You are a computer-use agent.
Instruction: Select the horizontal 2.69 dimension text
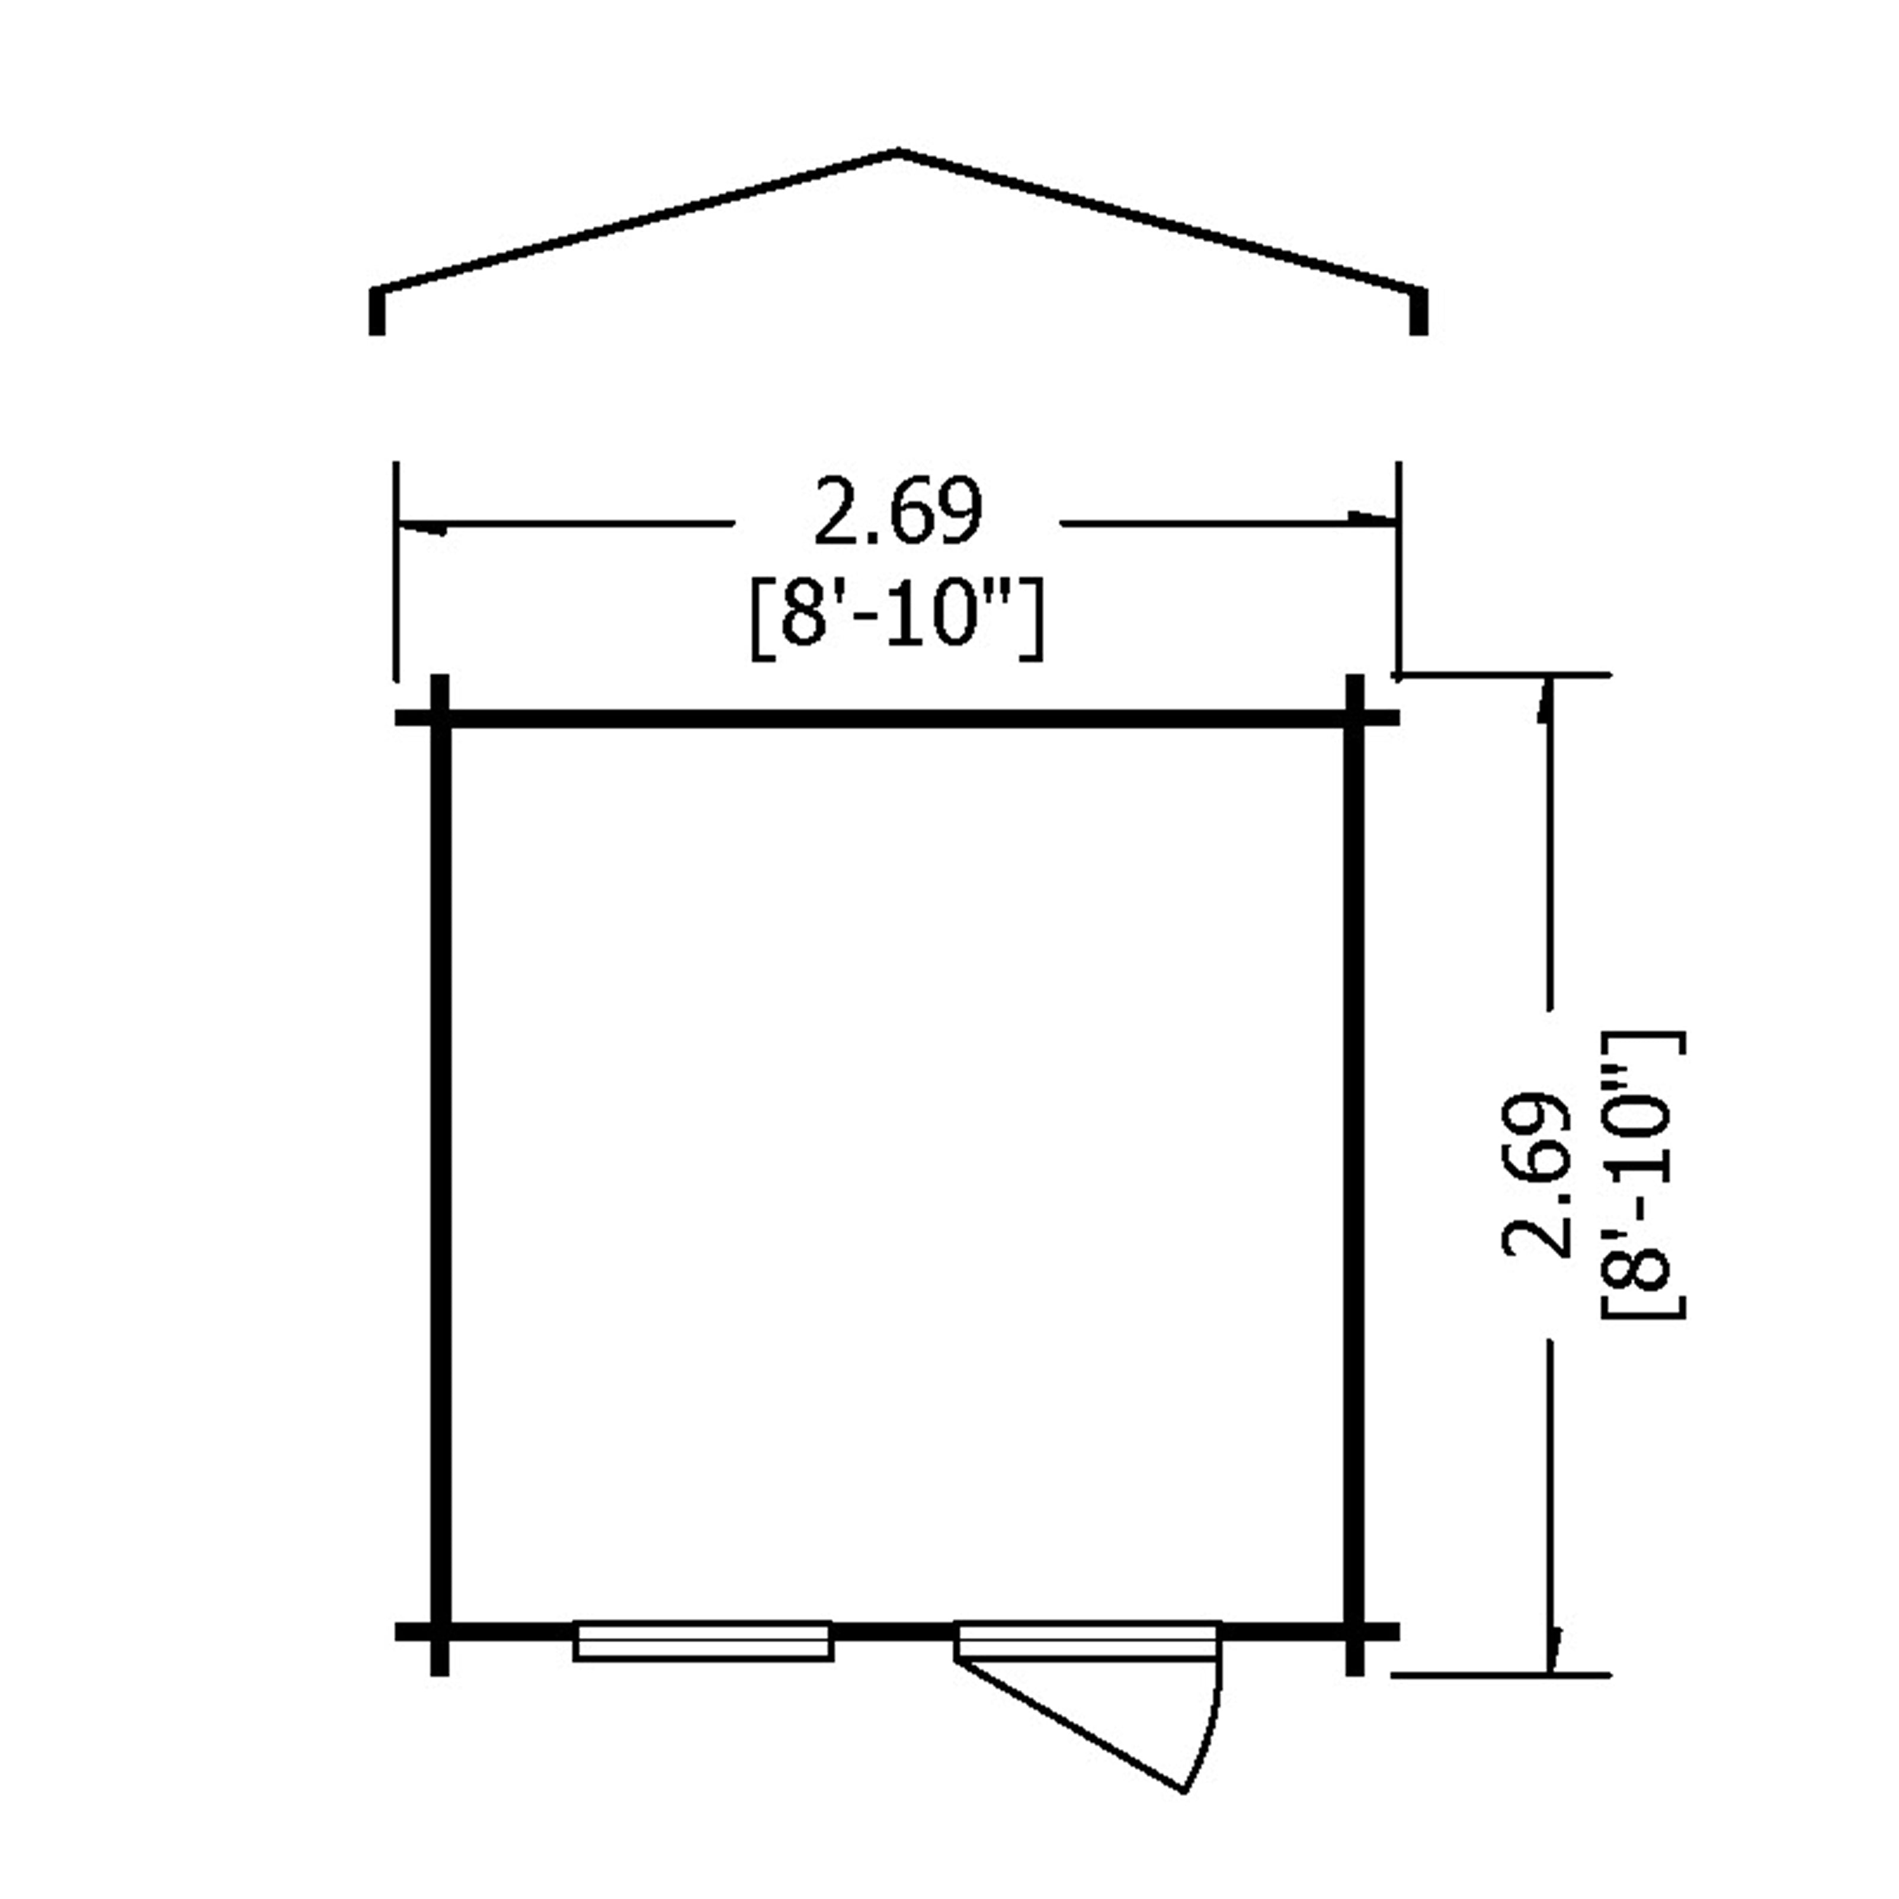[898, 512]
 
